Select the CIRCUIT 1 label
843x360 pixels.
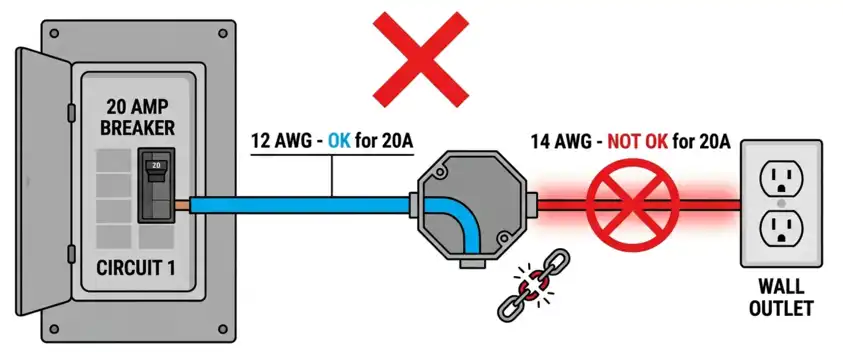click(x=140, y=268)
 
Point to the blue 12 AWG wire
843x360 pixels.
click(x=300, y=204)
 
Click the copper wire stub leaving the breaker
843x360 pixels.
click(x=182, y=204)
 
